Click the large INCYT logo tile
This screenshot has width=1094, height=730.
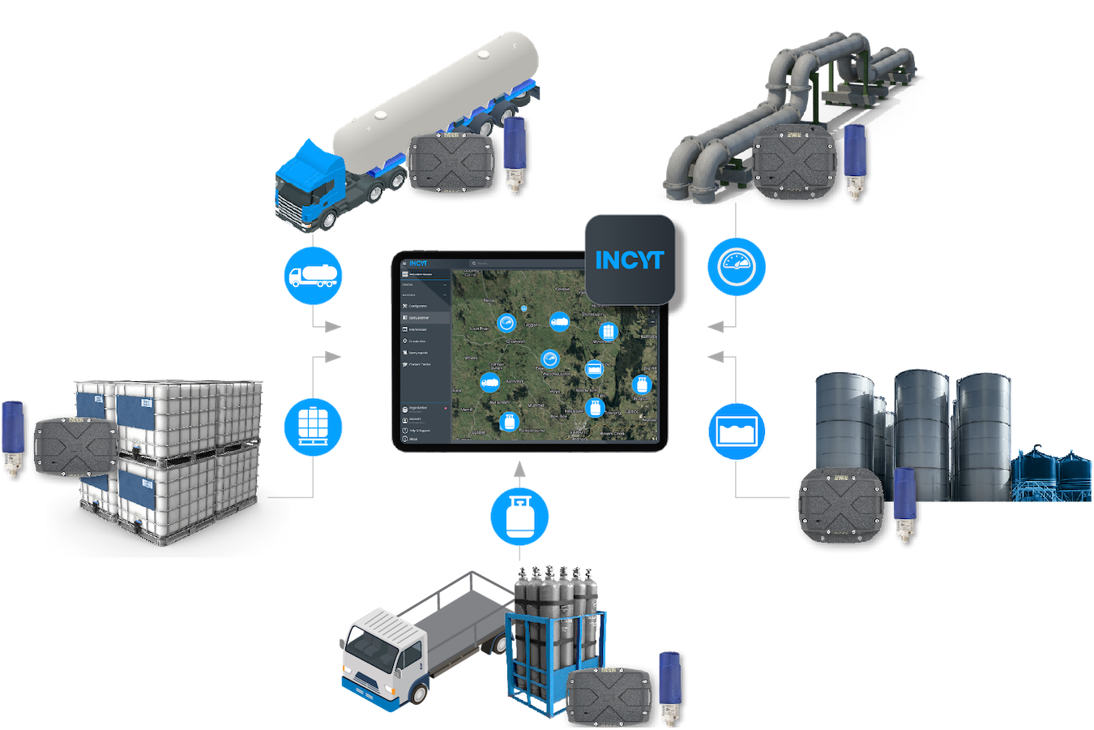coord(630,260)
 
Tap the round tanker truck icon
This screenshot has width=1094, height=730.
coord(313,276)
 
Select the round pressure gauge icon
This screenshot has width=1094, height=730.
coord(736,266)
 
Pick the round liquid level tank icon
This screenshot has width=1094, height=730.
coord(736,432)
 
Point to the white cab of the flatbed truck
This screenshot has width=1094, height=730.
coord(381,653)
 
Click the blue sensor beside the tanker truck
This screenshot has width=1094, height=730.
coord(514,150)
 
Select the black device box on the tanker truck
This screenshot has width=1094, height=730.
coord(451,164)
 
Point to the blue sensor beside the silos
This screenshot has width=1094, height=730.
coord(904,503)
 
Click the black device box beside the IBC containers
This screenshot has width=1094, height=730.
coord(75,448)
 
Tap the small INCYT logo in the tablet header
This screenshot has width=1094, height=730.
coord(417,263)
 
